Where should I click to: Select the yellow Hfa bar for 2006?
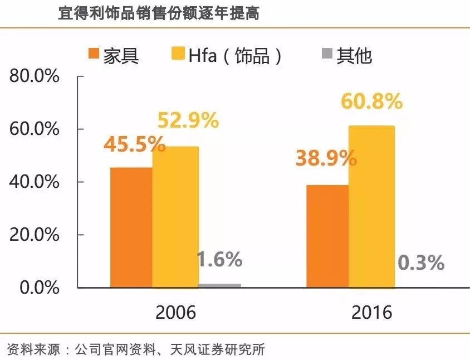(x=175, y=217)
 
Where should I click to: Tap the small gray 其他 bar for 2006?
(x=219, y=285)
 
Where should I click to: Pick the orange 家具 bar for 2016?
(x=327, y=236)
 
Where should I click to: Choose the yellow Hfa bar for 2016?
(x=371, y=207)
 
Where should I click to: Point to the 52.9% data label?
(x=188, y=120)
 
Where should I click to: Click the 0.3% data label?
(x=421, y=262)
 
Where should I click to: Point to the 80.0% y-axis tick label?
(x=34, y=76)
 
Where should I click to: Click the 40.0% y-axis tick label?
(x=34, y=182)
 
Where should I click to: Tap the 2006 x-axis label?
(x=175, y=312)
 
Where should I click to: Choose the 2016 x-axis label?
(x=371, y=312)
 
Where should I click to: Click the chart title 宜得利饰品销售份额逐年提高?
(x=159, y=13)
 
